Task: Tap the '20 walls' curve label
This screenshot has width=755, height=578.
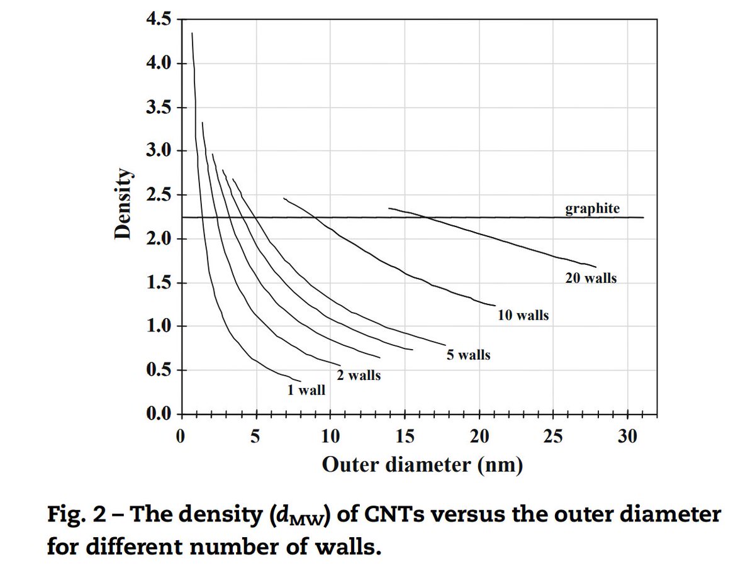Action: pyautogui.click(x=590, y=278)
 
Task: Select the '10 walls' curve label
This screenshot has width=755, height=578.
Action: pyautogui.click(x=522, y=316)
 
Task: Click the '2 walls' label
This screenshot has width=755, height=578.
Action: pyautogui.click(x=358, y=375)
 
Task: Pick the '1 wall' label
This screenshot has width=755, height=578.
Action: pyautogui.click(x=306, y=391)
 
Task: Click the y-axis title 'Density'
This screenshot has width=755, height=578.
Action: pyautogui.click(x=124, y=205)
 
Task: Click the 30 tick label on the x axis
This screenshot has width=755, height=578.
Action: pyautogui.click(x=627, y=436)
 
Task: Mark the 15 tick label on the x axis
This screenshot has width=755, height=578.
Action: pyautogui.click(x=405, y=436)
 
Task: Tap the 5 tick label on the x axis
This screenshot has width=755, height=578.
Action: pyautogui.click(x=255, y=436)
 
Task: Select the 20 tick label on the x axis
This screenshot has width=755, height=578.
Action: pyautogui.click(x=479, y=436)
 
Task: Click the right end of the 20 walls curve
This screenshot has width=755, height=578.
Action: pyautogui.click(x=595, y=267)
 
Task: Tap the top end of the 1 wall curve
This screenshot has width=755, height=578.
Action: pyautogui.click(x=192, y=33)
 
